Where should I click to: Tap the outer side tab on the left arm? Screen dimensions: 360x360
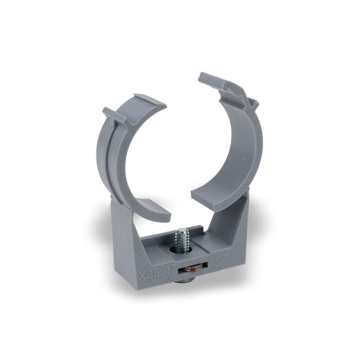[x=109, y=115]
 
